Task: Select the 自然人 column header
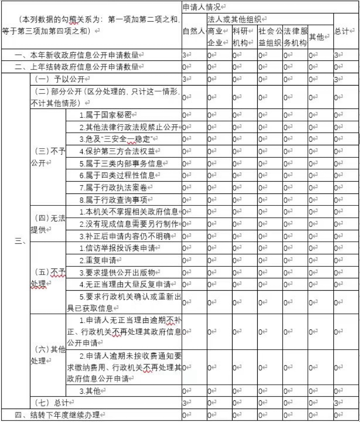pos(194,31)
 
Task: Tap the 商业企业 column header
pos(218,37)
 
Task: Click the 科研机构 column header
pos(243,37)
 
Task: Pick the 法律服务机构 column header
pos(295,37)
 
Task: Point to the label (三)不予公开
pos(48,157)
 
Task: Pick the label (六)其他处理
pos(48,355)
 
